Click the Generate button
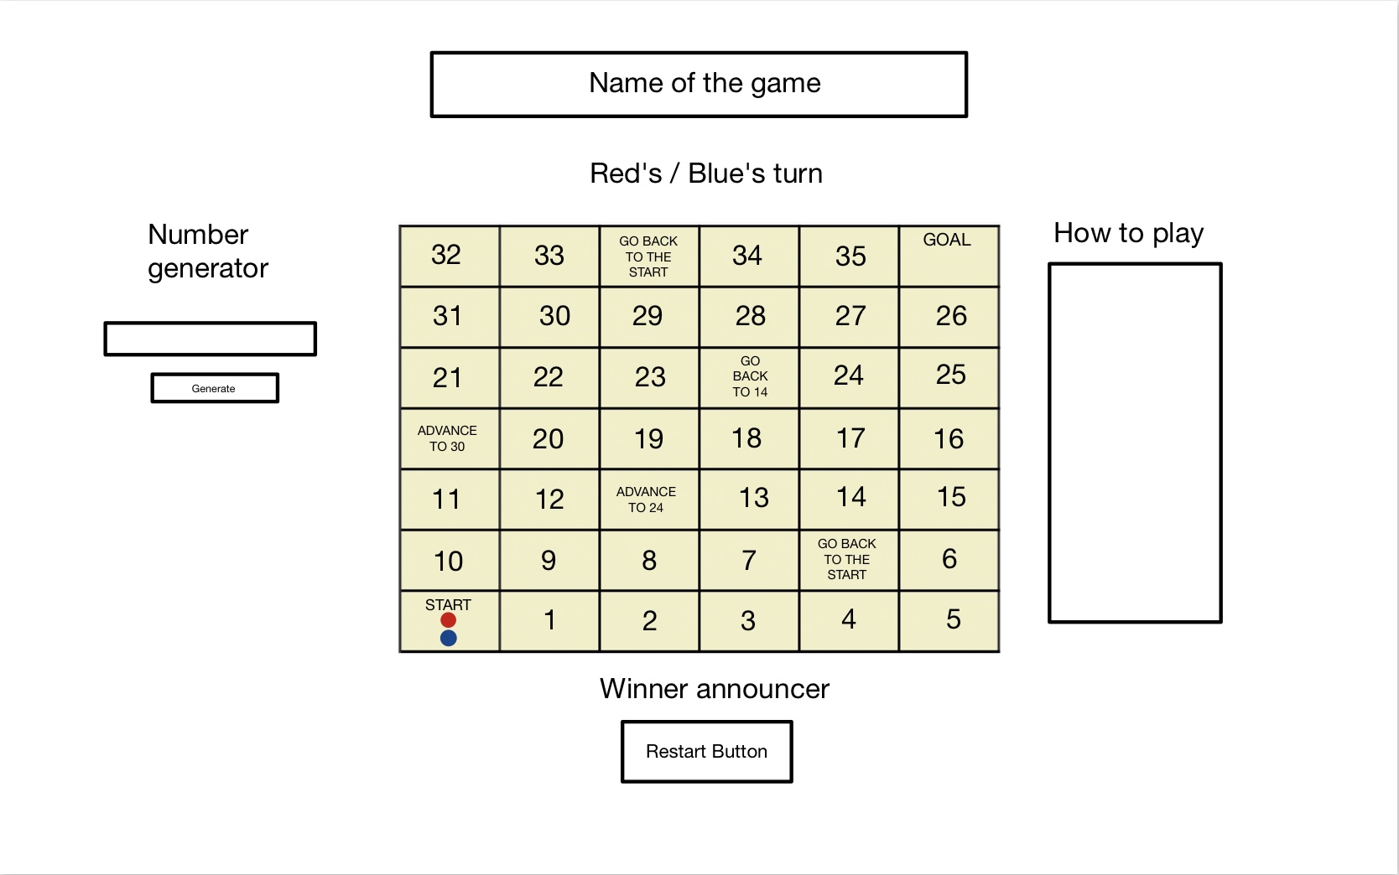(215, 388)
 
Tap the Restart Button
(706, 752)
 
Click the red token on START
(448, 620)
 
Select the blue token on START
(448, 639)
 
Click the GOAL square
(949, 256)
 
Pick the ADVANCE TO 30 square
(449, 438)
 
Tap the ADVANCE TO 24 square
(648, 500)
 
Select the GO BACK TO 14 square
(749, 377)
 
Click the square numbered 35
(849, 256)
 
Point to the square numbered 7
(749, 560)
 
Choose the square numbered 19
(648, 438)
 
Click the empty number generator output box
(210, 339)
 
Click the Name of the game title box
(699, 84)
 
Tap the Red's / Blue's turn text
(706, 173)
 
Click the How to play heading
(1128, 233)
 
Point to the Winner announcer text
(715, 689)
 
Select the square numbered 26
(950, 316)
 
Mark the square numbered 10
(449, 560)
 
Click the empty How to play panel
(1135, 443)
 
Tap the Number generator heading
(207, 251)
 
